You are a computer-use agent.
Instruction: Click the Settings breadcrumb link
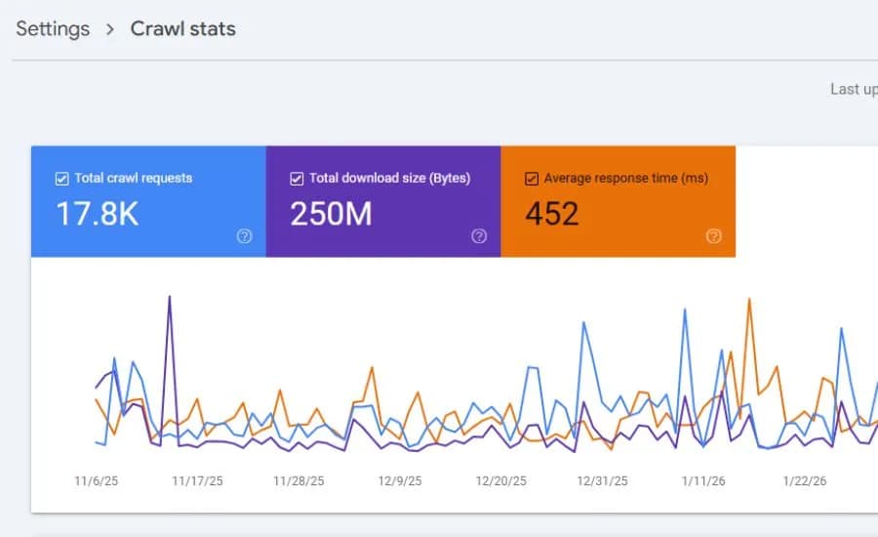click(x=53, y=28)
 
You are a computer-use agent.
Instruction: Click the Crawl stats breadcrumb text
click(x=183, y=28)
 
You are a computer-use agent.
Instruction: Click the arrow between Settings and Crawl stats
click(x=110, y=29)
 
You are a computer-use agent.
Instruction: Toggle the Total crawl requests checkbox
click(x=62, y=179)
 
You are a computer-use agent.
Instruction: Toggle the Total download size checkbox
click(x=297, y=179)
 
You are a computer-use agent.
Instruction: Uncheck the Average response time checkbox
click(x=532, y=179)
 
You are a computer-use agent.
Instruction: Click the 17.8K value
click(x=97, y=214)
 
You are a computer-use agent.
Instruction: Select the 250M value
click(x=331, y=214)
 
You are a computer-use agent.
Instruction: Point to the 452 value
click(x=552, y=214)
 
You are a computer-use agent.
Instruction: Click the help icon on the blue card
click(x=244, y=236)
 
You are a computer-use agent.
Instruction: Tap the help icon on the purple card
click(x=479, y=236)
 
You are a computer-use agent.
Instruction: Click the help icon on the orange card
click(x=713, y=236)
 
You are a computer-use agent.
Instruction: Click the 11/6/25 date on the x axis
click(x=96, y=480)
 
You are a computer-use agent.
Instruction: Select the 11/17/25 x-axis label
click(x=197, y=480)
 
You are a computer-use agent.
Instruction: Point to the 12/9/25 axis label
click(x=400, y=480)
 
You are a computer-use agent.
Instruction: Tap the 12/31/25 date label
click(x=602, y=480)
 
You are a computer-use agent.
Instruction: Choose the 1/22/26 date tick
click(x=805, y=480)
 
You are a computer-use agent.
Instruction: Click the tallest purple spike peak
click(x=170, y=296)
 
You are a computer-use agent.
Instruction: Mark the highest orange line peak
click(x=749, y=299)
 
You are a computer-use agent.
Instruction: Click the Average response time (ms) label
click(x=625, y=179)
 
